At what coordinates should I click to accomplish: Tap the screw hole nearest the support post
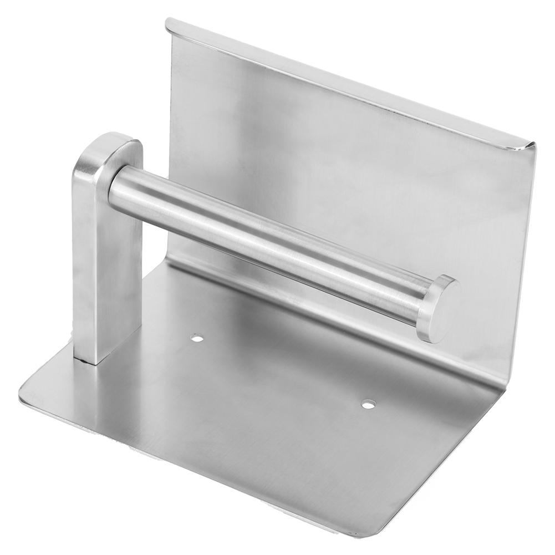(197, 337)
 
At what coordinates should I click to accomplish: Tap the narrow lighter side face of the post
(83, 261)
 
